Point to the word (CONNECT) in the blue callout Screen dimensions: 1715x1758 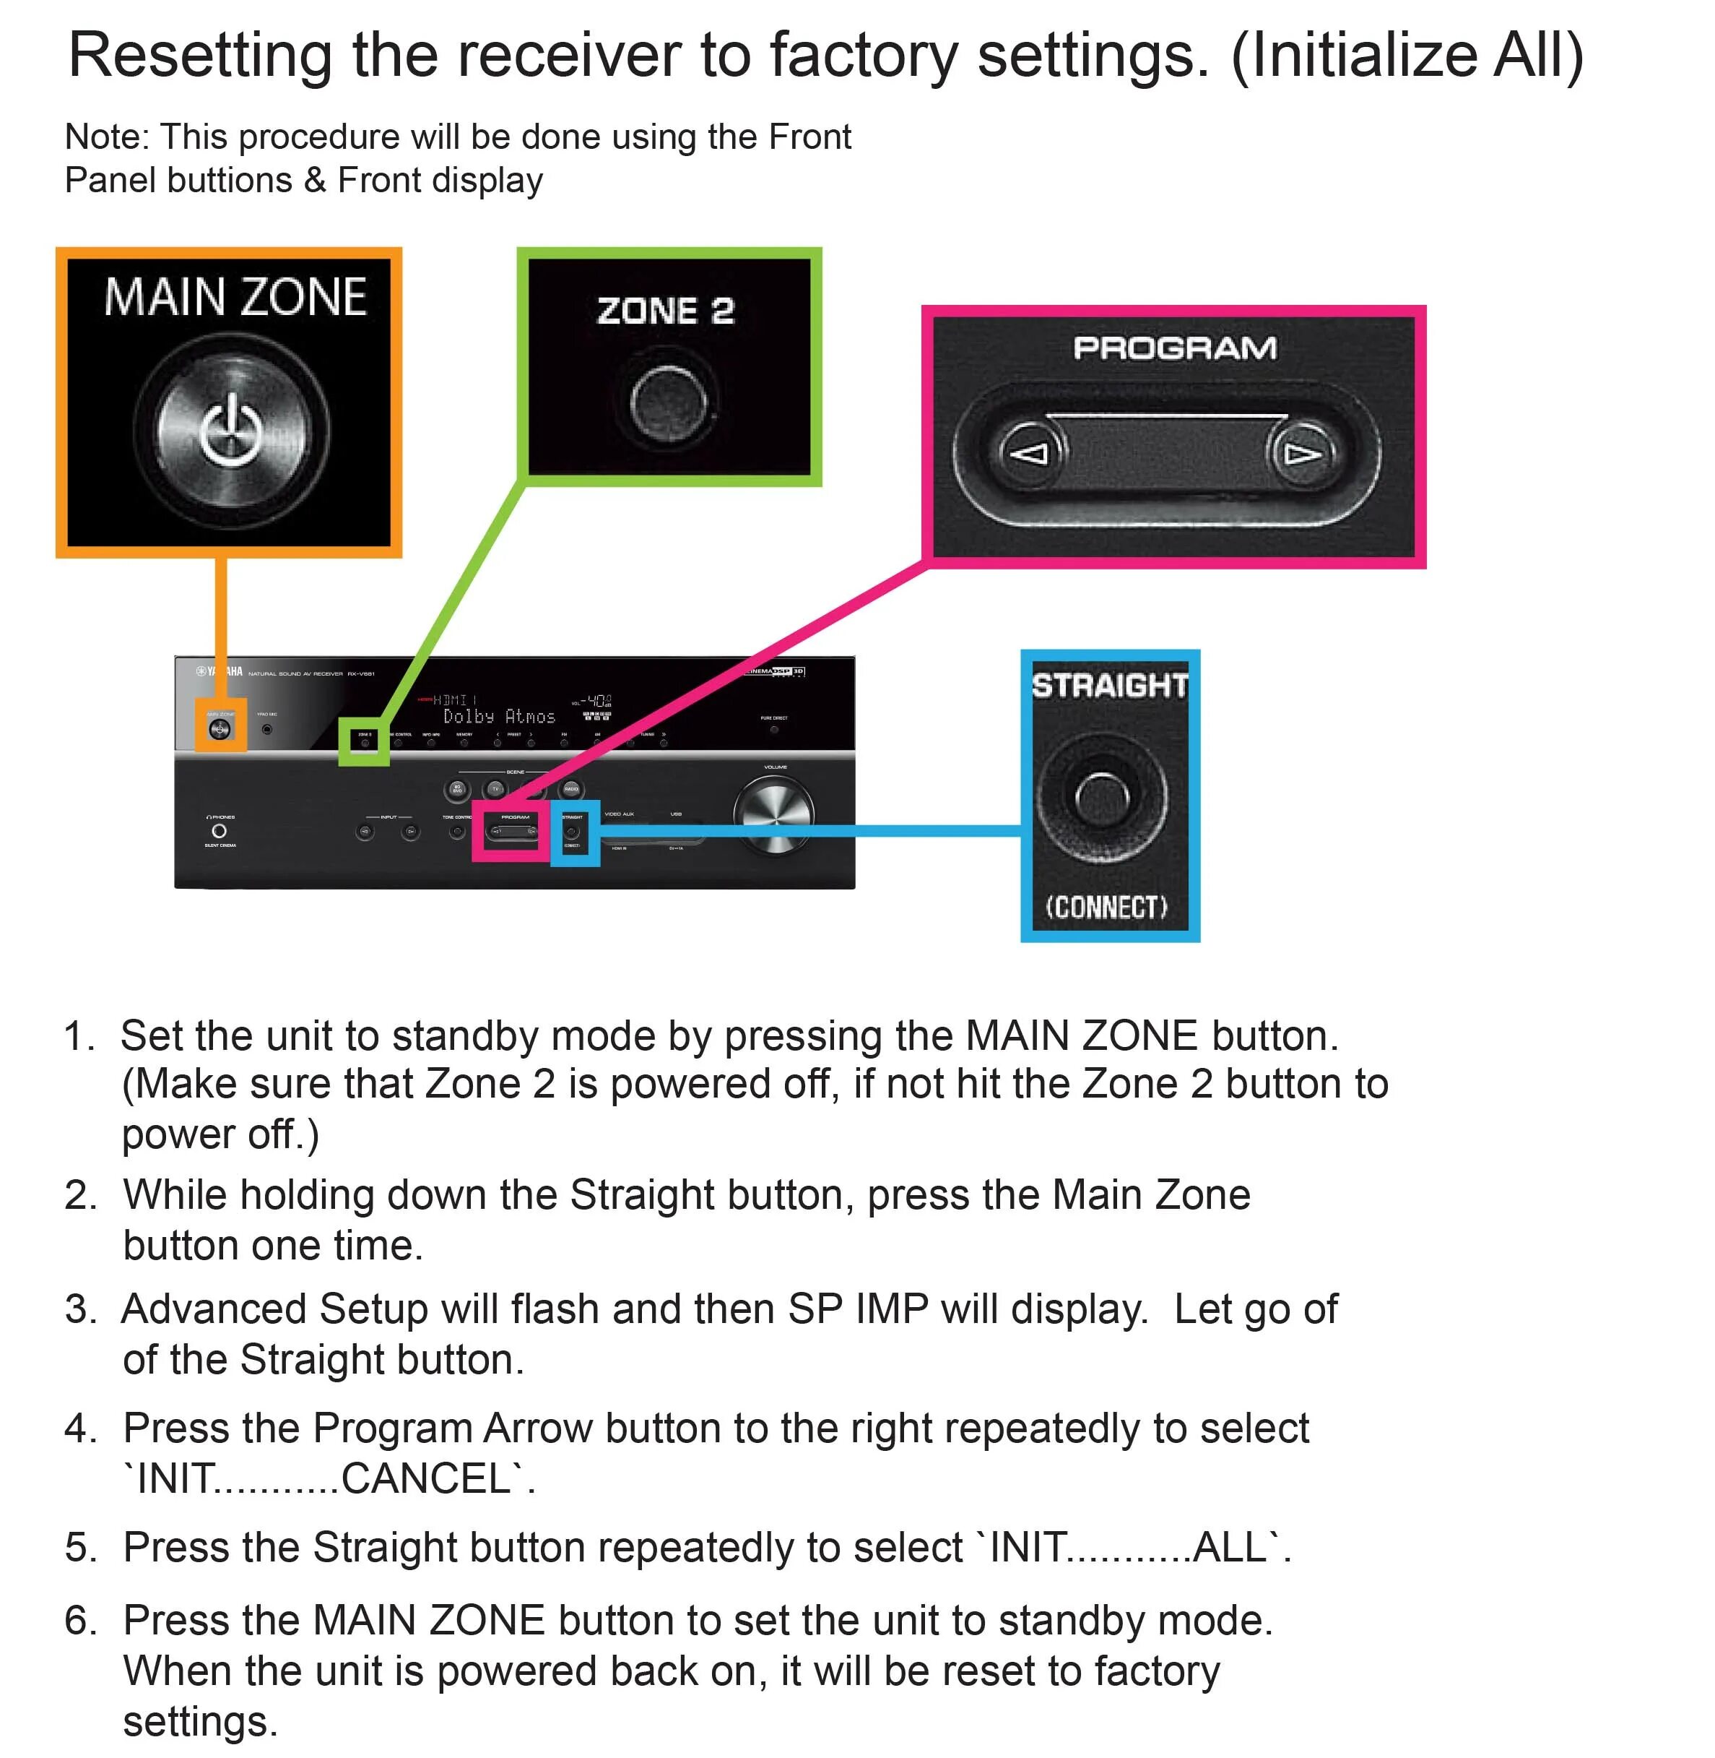pos(1106,907)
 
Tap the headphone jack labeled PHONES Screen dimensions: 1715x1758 pos(219,831)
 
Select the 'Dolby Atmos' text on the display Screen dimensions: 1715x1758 pos(499,716)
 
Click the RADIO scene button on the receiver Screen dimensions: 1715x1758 pos(571,789)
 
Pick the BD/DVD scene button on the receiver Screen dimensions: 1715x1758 pos(458,789)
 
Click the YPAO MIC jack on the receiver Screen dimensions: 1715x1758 pos(266,728)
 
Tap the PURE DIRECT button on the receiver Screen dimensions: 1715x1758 pos(773,729)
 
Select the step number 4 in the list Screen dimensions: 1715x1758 pos(79,1429)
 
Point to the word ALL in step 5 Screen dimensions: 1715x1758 pos(1230,1547)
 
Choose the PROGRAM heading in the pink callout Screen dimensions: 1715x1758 pos(1175,348)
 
